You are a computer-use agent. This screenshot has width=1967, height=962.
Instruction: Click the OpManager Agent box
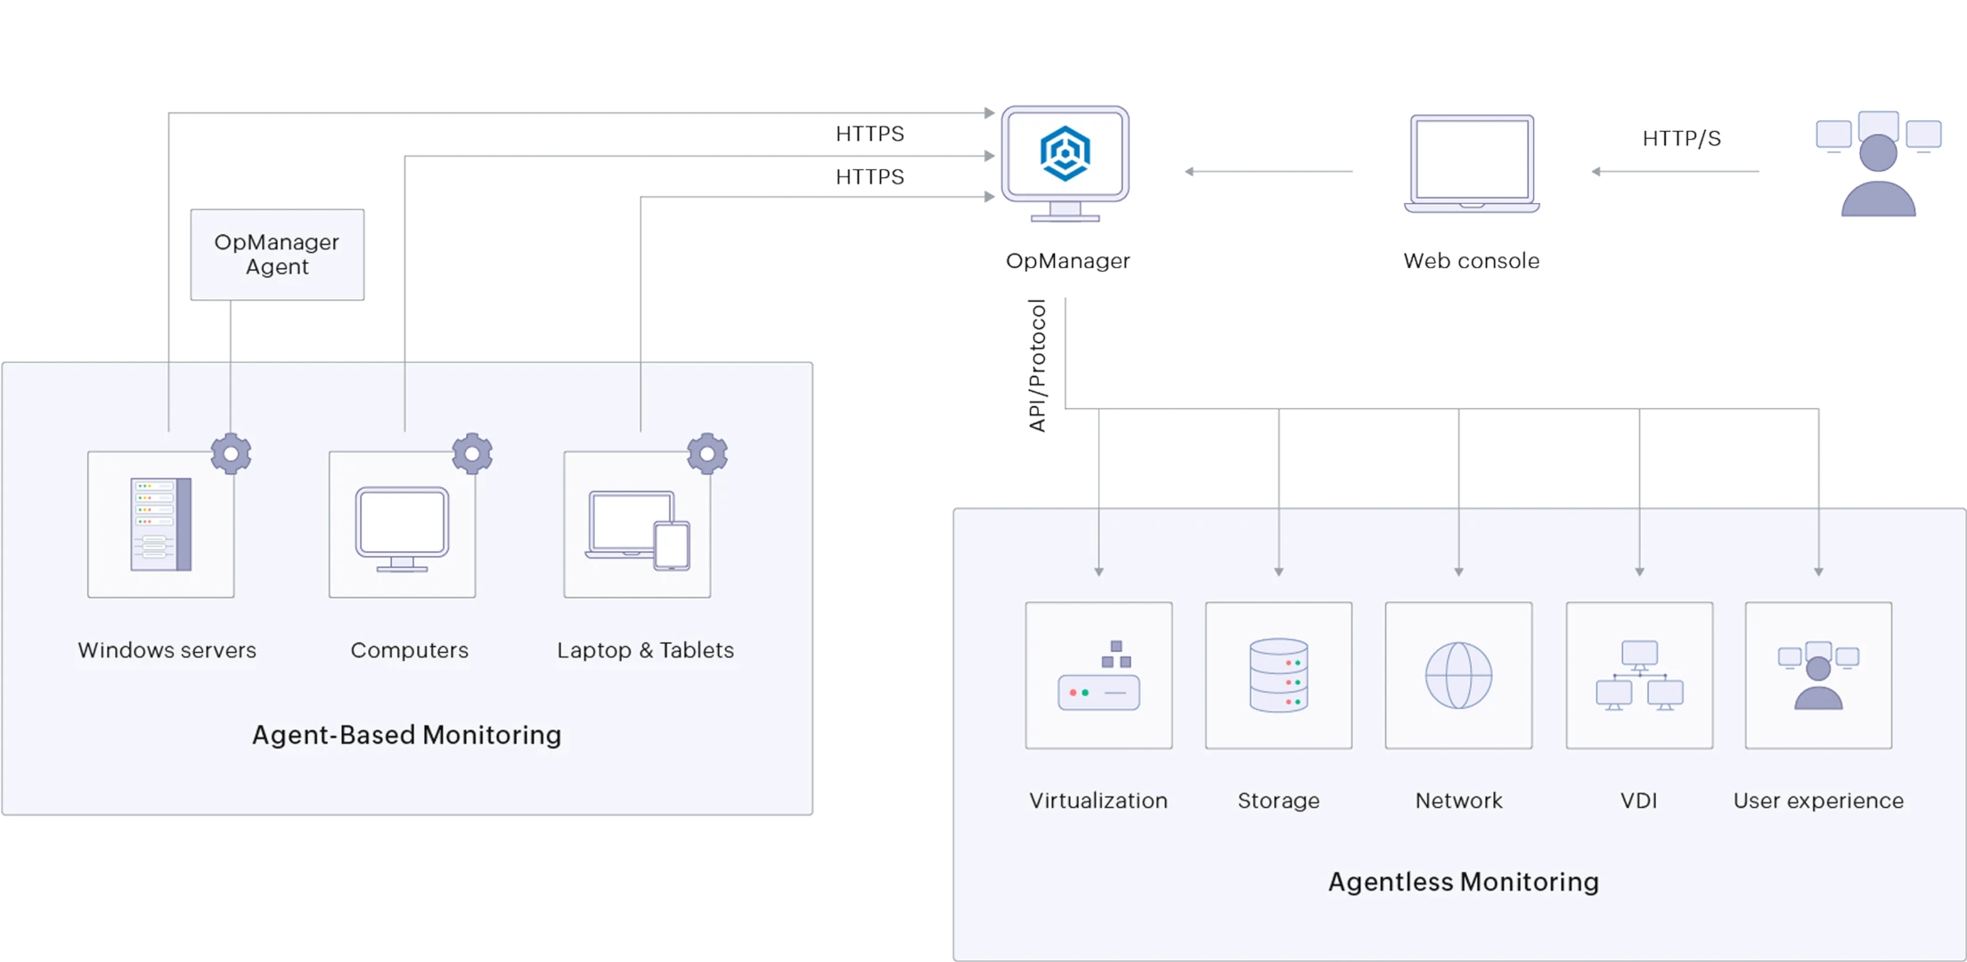pos(277,256)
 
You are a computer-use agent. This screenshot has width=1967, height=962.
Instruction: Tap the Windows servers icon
pos(161,525)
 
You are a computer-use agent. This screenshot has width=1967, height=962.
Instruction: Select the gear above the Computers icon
pos(472,454)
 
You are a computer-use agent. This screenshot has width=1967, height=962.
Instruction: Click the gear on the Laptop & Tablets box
pos(707,454)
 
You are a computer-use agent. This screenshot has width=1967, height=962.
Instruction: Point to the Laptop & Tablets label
pos(645,650)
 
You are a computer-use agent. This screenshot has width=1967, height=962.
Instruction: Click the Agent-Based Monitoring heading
pos(406,735)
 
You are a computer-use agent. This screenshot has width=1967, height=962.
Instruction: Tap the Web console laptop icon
pos(1472,165)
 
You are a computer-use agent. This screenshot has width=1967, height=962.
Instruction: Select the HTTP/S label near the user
pos(1681,139)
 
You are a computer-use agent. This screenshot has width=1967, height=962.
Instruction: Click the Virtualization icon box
pos(1098,675)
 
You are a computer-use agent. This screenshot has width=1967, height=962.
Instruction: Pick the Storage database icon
pos(1278,675)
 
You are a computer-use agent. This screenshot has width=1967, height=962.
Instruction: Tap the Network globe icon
pos(1458,675)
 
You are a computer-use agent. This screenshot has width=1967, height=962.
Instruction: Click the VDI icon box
pos(1639,675)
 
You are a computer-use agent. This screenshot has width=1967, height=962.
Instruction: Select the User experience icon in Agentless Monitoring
pos(1818,675)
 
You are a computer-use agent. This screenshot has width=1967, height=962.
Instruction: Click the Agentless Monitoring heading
pos(1463,882)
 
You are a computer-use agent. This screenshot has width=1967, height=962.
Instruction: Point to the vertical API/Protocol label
pos(1038,367)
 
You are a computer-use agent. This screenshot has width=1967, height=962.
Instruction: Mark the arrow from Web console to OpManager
pos(1269,171)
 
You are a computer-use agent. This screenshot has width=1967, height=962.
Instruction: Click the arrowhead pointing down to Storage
pos(1278,571)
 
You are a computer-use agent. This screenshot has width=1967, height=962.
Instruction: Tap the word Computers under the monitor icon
pos(409,650)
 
